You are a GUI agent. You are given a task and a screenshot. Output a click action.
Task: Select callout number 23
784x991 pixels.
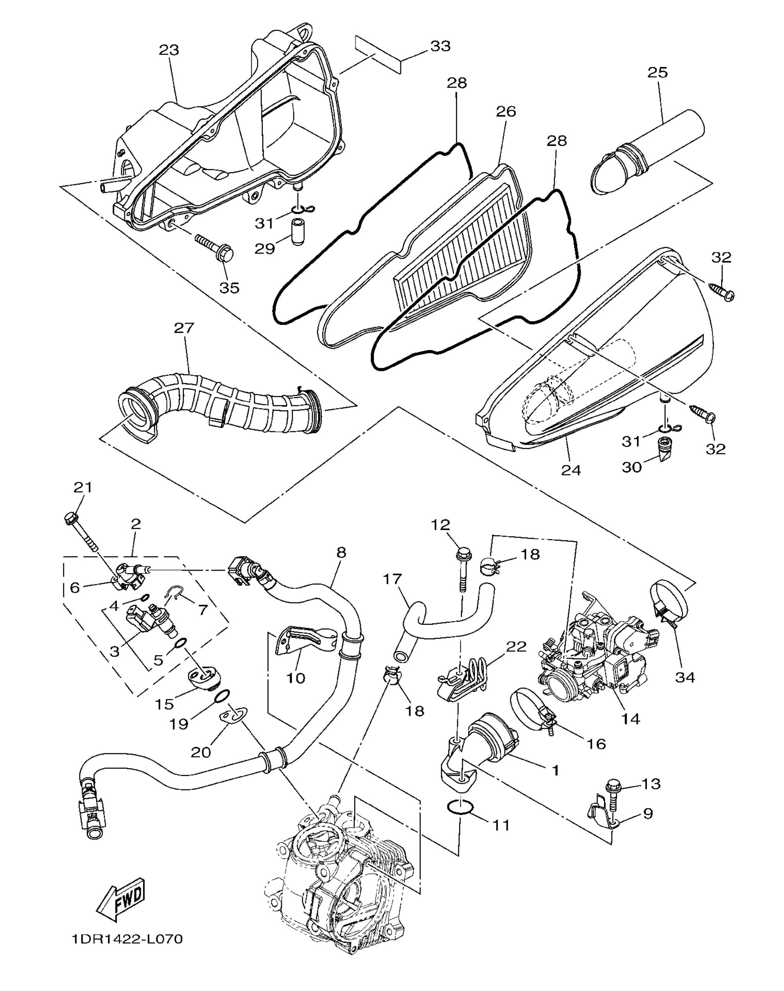(169, 50)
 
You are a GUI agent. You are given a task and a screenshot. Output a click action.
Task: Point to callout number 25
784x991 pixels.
(658, 72)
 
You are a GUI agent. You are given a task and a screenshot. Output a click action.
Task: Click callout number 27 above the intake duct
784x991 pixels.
(184, 328)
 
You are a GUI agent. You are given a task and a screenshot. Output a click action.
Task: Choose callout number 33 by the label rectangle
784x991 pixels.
(440, 46)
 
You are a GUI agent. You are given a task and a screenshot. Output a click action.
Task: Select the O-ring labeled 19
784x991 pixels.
(222, 696)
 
